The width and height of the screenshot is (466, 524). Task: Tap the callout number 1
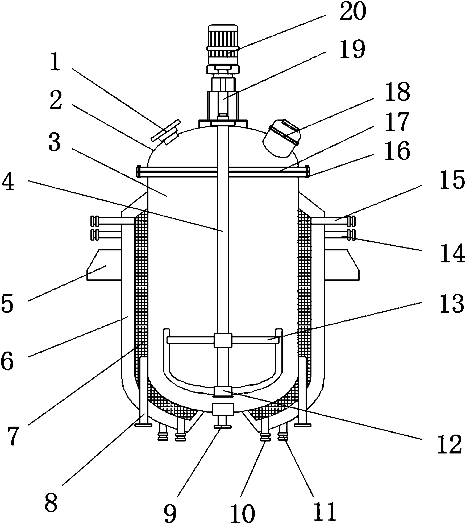(55, 61)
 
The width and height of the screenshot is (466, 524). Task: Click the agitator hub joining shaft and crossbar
(223, 340)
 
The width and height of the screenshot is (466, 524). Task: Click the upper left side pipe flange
(94, 221)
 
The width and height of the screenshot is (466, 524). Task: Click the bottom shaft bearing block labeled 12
(223, 391)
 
